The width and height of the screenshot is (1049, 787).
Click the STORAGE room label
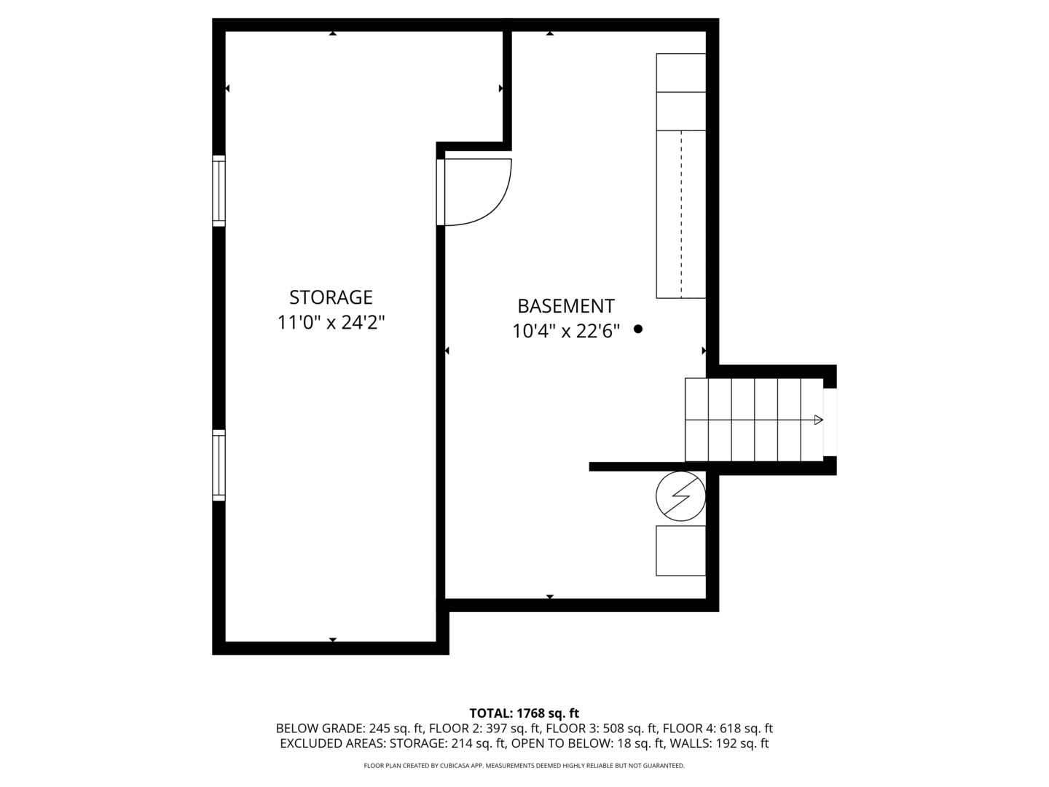[331, 297]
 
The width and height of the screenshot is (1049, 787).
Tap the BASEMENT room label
[566, 306]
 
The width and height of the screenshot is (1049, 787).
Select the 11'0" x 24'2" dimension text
[331, 322]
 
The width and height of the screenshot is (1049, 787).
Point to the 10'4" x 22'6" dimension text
[566, 332]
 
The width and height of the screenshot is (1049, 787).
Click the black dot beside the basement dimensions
[638, 329]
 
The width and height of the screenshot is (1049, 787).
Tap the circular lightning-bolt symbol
[680, 496]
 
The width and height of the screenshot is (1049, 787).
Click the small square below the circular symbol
[680, 551]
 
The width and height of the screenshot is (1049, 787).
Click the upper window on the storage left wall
[219, 189]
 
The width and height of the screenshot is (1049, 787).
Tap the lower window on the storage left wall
[219, 465]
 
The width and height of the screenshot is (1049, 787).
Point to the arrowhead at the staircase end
[818, 420]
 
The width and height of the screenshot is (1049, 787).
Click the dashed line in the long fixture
[682, 214]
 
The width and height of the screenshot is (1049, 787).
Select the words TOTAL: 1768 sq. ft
[524, 713]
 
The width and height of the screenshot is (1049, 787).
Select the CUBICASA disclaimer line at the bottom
[524, 766]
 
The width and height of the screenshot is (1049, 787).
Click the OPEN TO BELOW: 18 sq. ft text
[588, 743]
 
